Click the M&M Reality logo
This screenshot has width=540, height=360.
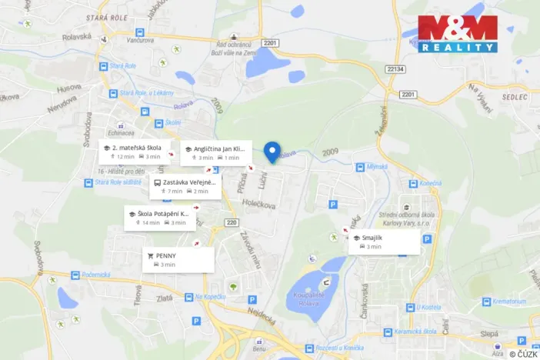(457, 34)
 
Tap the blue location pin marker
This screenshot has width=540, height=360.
(272, 152)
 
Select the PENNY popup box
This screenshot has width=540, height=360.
(177, 258)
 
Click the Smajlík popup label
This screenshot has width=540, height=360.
(384, 242)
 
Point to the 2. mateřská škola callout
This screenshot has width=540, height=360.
(132, 151)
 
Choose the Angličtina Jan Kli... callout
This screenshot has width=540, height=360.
(215, 152)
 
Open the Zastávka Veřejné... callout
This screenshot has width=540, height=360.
(185, 186)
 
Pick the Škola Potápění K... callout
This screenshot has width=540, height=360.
(159, 218)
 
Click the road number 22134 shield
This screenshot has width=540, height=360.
(395, 69)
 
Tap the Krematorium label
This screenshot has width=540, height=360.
(509, 301)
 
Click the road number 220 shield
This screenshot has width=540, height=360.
(232, 222)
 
